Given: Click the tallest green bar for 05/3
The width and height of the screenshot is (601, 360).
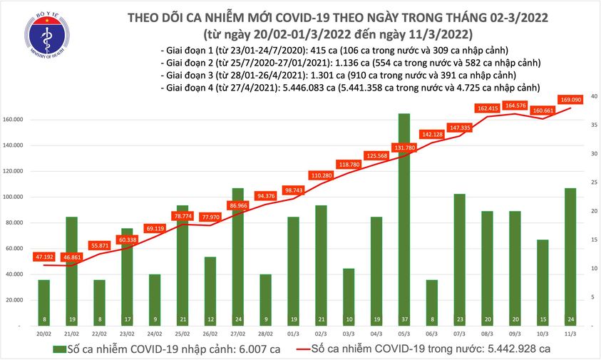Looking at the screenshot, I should click(x=404, y=214).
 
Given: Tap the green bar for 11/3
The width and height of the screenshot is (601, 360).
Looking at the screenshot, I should click(x=570, y=250).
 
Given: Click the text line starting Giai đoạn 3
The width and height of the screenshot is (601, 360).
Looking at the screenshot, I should click(x=336, y=75).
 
